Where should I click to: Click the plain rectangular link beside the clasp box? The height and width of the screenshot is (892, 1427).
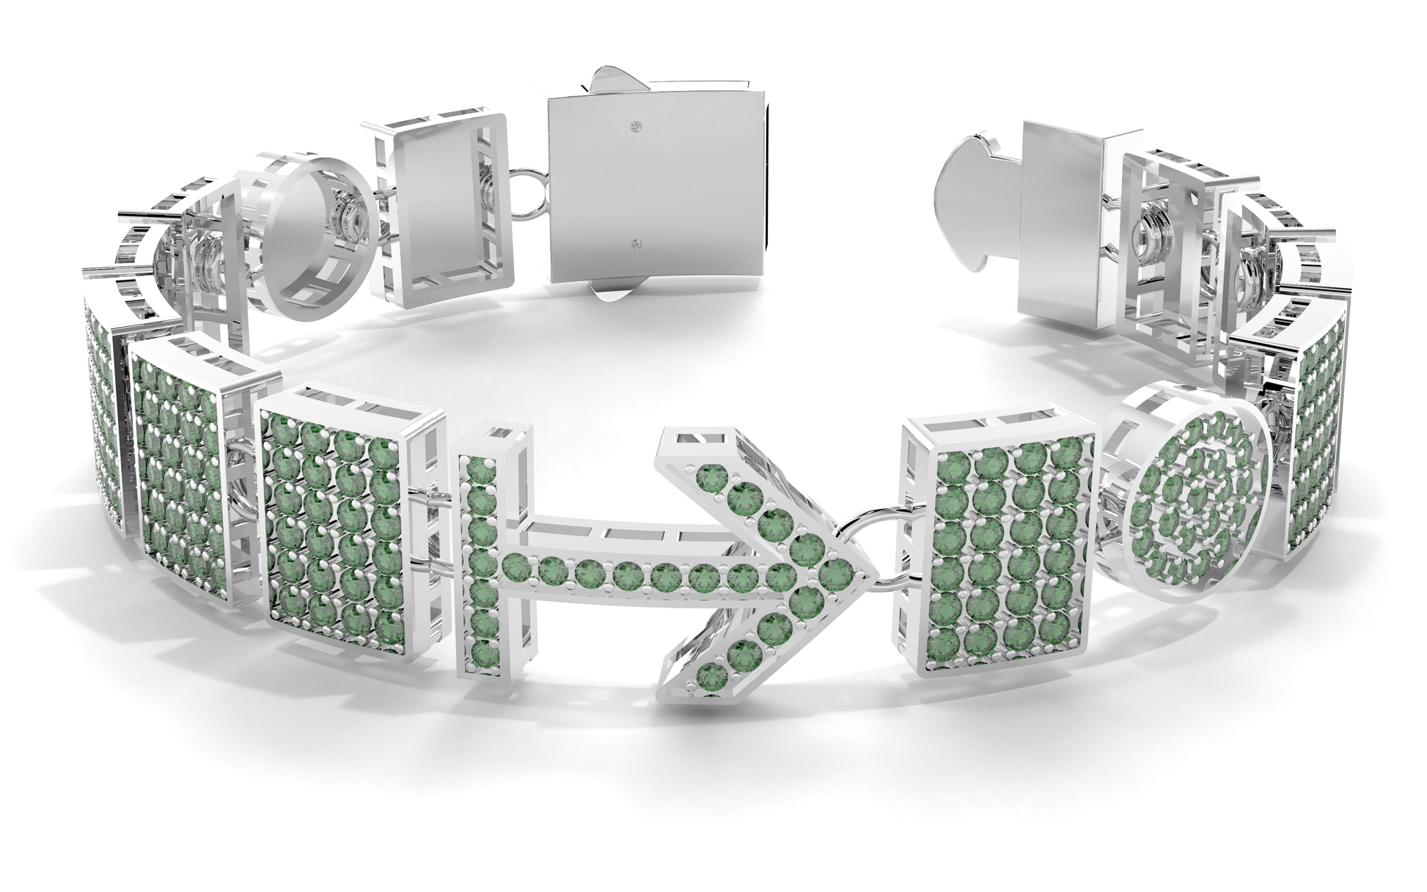pyautogui.click(x=442, y=207)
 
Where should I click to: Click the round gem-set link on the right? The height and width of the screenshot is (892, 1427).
pyautogui.click(x=1192, y=506)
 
